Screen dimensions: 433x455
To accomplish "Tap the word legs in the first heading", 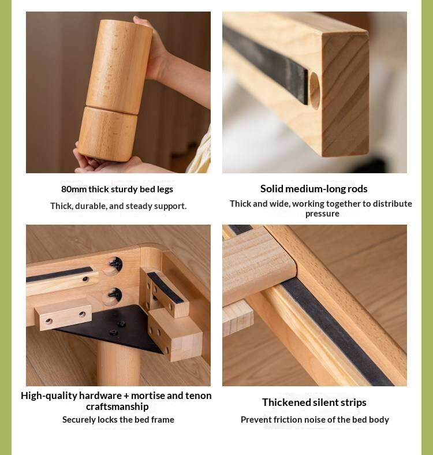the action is coord(165,190).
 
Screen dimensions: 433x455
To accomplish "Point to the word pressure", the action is coord(322,214).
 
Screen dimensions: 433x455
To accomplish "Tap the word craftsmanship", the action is coord(117,406).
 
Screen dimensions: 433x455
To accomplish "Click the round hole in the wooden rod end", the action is coord(314,90).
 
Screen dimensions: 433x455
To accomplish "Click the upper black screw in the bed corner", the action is coord(115,264).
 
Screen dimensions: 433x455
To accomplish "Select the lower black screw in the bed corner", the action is coord(115,295).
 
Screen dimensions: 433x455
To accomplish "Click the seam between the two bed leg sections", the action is coord(111,110).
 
